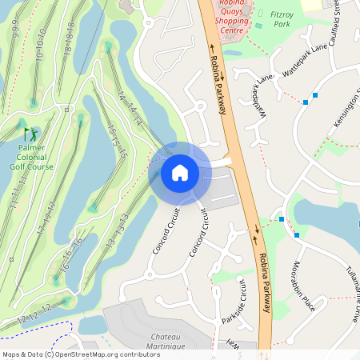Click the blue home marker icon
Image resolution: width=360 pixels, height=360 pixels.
(180, 172)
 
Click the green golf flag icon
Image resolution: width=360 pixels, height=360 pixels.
(30, 134)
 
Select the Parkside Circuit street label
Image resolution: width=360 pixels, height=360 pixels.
(238, 301)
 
